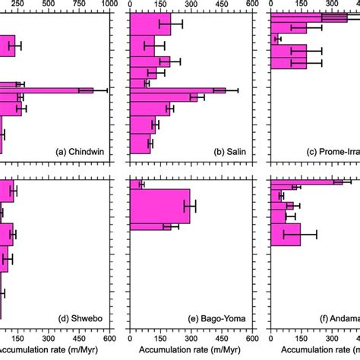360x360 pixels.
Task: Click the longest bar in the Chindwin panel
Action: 46,90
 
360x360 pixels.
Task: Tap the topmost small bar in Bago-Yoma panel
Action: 136,185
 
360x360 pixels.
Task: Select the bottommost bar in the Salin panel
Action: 141,143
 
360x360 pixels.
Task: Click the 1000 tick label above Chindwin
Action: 109,5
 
